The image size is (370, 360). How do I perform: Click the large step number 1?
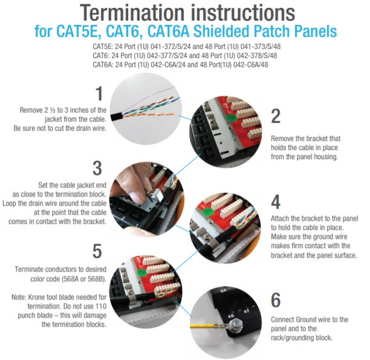[x=99, y=93]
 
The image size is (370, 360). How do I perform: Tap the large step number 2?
[x=276, y=116]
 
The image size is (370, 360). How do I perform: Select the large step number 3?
[x=97, y=168]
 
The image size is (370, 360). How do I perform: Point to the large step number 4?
[x=276, y=202]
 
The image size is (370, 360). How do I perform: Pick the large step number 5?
[x=97, y=251]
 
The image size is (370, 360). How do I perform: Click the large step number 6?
[x=276, y=300]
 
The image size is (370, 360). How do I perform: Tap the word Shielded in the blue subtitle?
[x=221, y=31]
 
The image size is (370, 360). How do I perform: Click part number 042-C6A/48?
[x=251, y=65]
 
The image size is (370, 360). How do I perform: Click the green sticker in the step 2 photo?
[x=232, y=117]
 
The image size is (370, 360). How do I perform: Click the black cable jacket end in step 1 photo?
[x=117, y=116]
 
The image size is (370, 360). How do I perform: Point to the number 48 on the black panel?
[x=231, y=316]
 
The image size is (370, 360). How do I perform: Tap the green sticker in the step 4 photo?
[x=208, y=211]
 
